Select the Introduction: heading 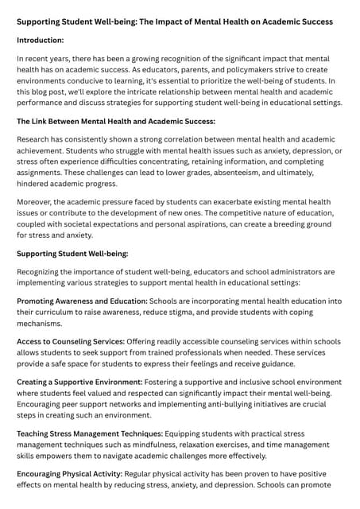(41, 40)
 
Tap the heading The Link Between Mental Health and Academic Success (116, 121)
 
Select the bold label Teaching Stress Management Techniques (90, 433)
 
